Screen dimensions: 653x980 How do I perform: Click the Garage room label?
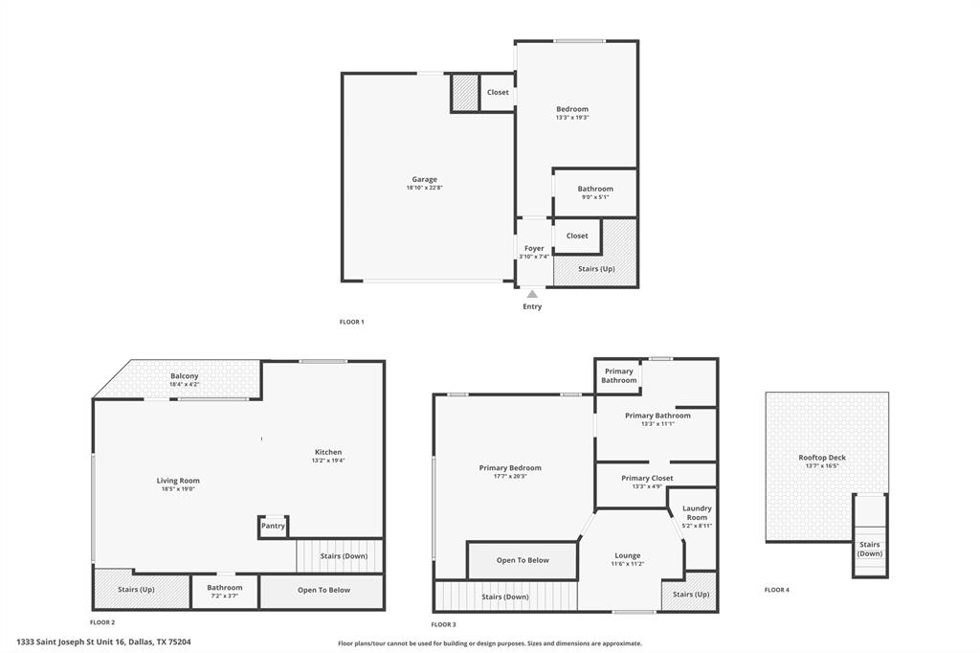coord(424,179)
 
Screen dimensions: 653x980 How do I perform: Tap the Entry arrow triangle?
coord(532,294)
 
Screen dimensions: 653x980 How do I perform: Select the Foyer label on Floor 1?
coord(533,248)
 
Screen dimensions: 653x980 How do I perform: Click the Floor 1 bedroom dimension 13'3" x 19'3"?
coord(572,118)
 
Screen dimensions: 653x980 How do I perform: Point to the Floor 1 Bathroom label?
coord(595,189)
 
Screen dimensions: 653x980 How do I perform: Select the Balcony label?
coord(184,376)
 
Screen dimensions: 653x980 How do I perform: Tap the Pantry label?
coord(273,525)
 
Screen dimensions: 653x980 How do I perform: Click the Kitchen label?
coord(328,452)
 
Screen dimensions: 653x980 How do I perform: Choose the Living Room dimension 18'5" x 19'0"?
coord(178,489)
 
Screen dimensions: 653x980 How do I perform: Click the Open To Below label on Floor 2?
coord(323,590)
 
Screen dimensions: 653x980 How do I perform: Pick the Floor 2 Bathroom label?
coord(225,587)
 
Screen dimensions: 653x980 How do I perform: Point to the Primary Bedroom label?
coord(510,467)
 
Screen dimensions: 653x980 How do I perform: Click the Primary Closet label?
coord(647,478)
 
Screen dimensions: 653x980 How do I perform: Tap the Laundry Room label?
coord(696,512)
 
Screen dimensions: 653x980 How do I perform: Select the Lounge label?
coord(628,555)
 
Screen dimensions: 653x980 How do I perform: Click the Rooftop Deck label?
coord(822,458)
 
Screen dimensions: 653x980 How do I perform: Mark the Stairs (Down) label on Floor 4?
coord(870,549)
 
